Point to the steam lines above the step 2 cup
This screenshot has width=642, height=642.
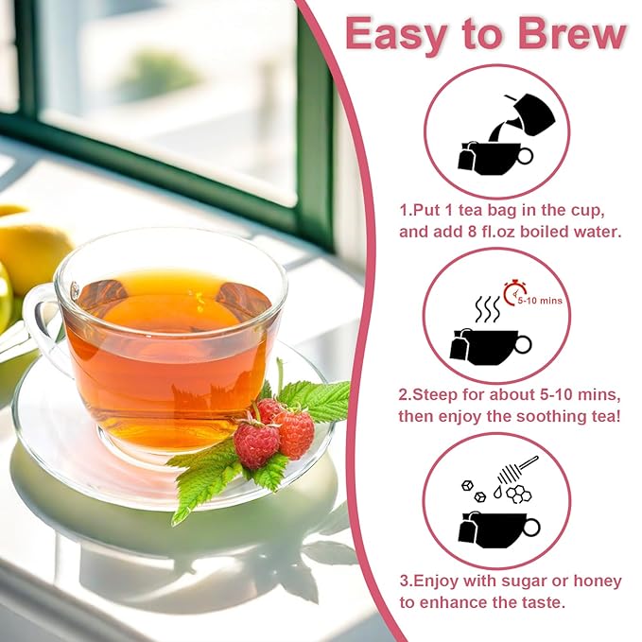pyautogui.click(x=486, y=309)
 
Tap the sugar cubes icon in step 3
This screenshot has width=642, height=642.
pyautogui.click(x=473, y=490)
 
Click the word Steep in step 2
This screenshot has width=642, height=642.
pyautogui.click(x=437, y=392)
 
